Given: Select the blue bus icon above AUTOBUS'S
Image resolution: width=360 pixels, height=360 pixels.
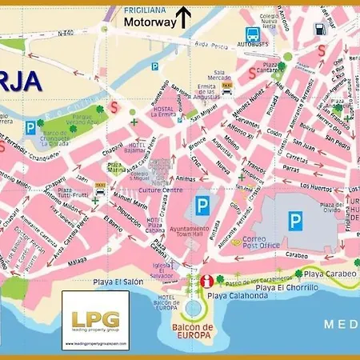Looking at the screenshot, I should pos(253,34).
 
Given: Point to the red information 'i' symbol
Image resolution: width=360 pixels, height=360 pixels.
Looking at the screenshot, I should pos(207,281).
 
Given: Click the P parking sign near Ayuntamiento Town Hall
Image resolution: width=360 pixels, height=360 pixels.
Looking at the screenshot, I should pos(202,205).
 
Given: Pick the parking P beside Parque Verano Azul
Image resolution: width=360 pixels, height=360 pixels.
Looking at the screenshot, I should pos(30,126).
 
